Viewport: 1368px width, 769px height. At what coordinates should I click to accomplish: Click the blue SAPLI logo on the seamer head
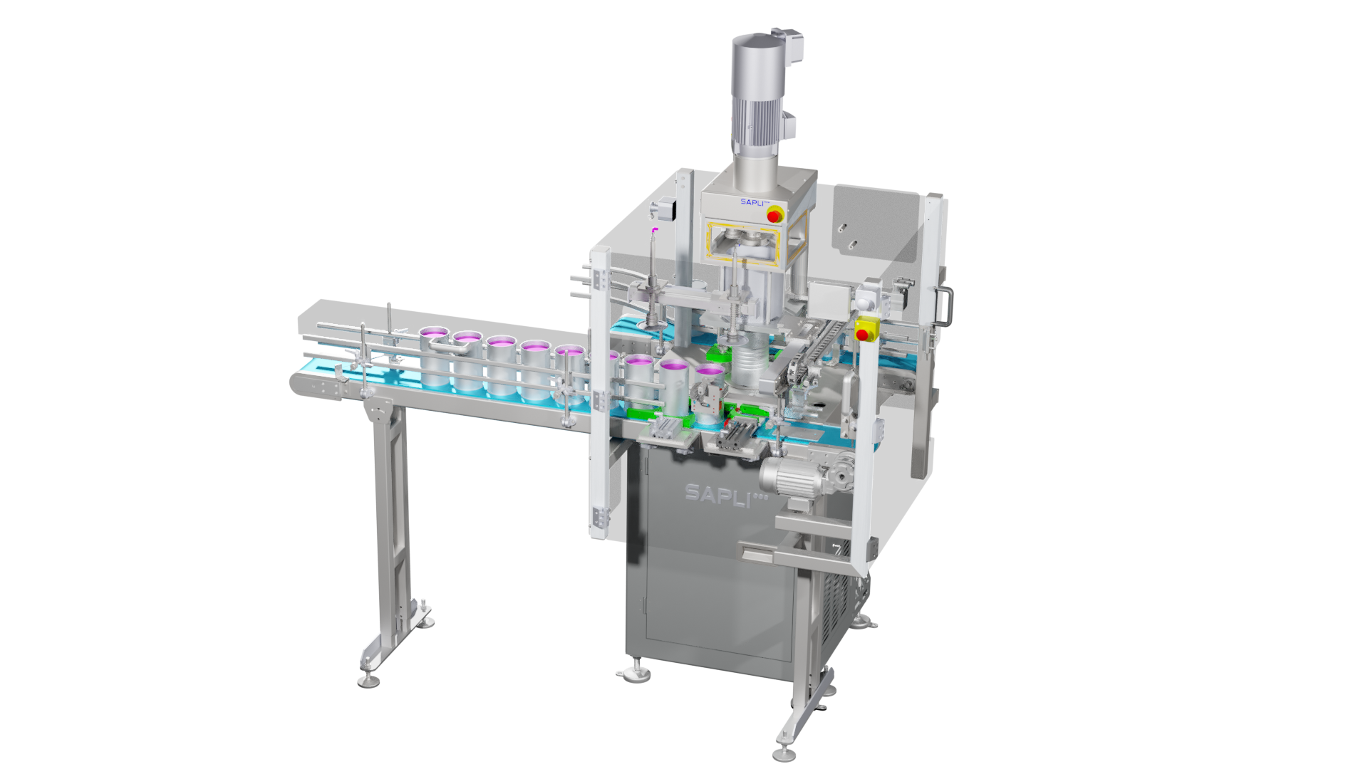pos(754,202)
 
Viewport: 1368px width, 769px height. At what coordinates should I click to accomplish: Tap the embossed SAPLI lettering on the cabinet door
pos(725,494)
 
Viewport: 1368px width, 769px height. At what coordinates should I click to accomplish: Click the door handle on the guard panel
pos(946,306)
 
